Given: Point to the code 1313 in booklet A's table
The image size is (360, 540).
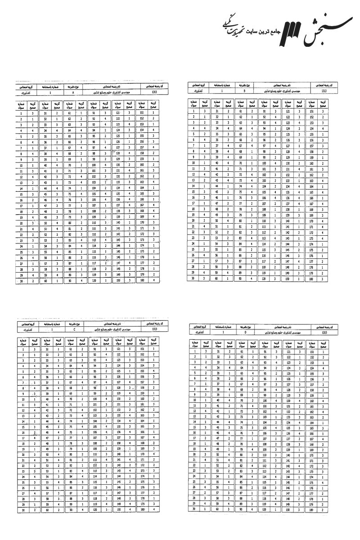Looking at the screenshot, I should (155, 91).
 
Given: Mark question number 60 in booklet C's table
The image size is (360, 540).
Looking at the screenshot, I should (45, 510).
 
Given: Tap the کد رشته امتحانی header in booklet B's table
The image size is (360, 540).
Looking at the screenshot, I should (324, 85).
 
